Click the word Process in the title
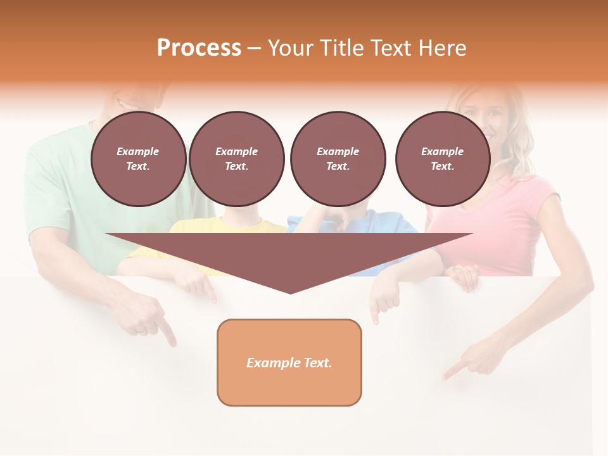point(199,48)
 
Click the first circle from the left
point(138,159)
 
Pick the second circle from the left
point(236,159)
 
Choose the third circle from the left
point(338,159)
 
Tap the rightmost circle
point(442,159)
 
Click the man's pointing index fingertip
point(173,343)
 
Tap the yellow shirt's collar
point(241,225)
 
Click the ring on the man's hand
point(142,331)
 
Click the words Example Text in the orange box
point(289,363)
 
